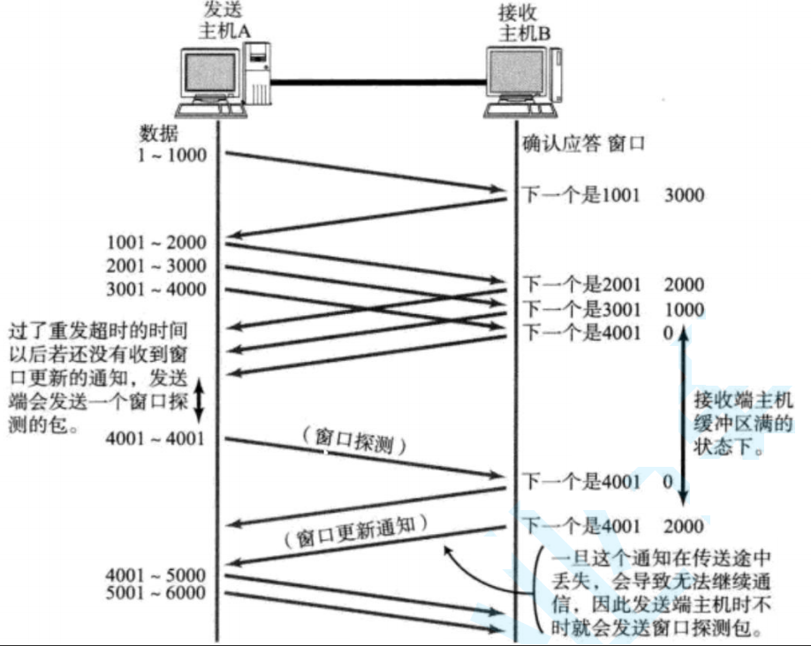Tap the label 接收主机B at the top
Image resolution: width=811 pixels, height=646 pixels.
point(524,23)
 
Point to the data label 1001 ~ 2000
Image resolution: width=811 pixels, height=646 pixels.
point(156,243)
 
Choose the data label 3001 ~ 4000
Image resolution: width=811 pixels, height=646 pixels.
point(156,289)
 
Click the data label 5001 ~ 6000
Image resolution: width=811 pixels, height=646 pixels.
point(156,593)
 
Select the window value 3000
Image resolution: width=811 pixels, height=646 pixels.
point(684,194)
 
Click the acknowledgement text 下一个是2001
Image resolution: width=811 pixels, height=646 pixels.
point(578,285)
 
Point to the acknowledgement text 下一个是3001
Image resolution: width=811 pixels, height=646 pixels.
point(578,309)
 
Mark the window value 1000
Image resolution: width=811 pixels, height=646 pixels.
point(684,309)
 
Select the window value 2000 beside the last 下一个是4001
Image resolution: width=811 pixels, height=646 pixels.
point(684,527)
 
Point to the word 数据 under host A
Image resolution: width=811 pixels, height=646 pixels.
point(159,134)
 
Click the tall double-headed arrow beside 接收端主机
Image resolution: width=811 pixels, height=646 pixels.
point(681,413)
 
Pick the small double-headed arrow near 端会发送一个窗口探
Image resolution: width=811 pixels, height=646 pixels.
point(199,400)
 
